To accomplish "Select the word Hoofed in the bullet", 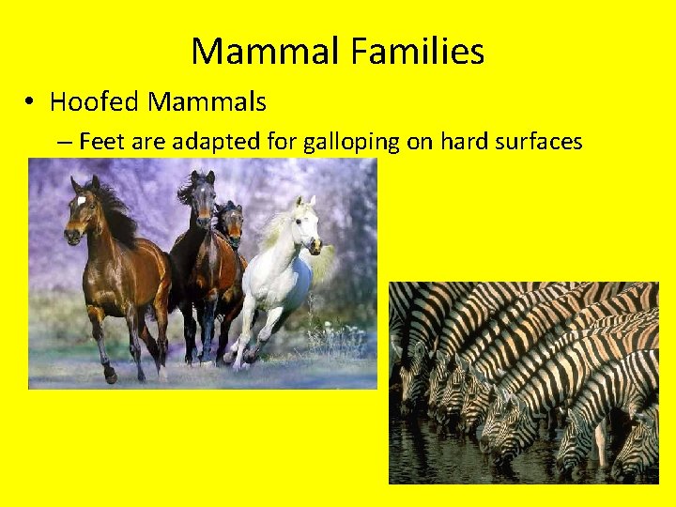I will (x=90, y=100).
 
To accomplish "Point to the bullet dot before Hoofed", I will (x=31, y=101).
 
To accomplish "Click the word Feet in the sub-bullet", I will (x=97, y=142).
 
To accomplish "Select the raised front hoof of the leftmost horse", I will (x=110, y=376).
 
